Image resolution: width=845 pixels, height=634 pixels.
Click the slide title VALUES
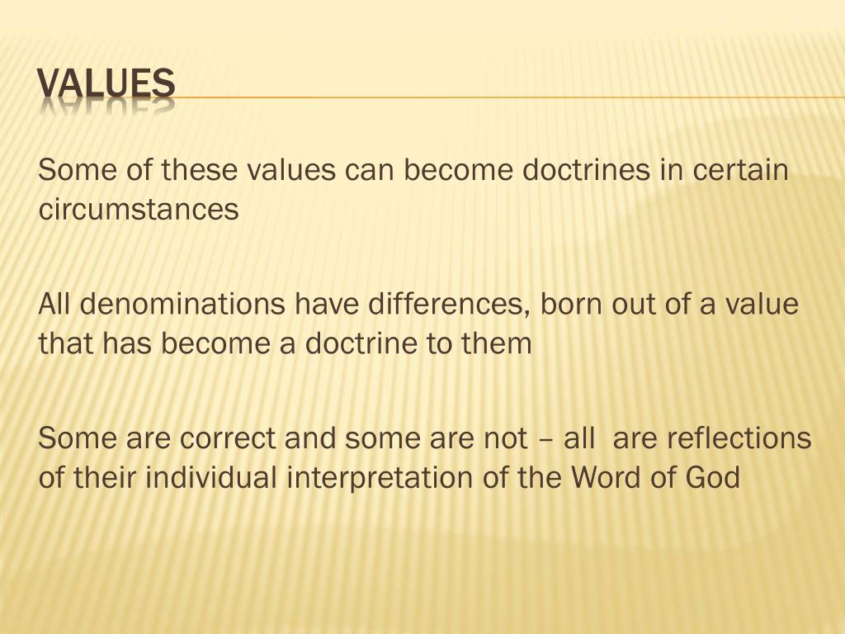click(106, 84)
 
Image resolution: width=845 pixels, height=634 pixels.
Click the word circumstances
click(139, 210)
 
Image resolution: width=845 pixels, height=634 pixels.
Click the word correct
click(227, 438)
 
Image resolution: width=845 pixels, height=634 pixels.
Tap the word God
click(710, 477)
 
